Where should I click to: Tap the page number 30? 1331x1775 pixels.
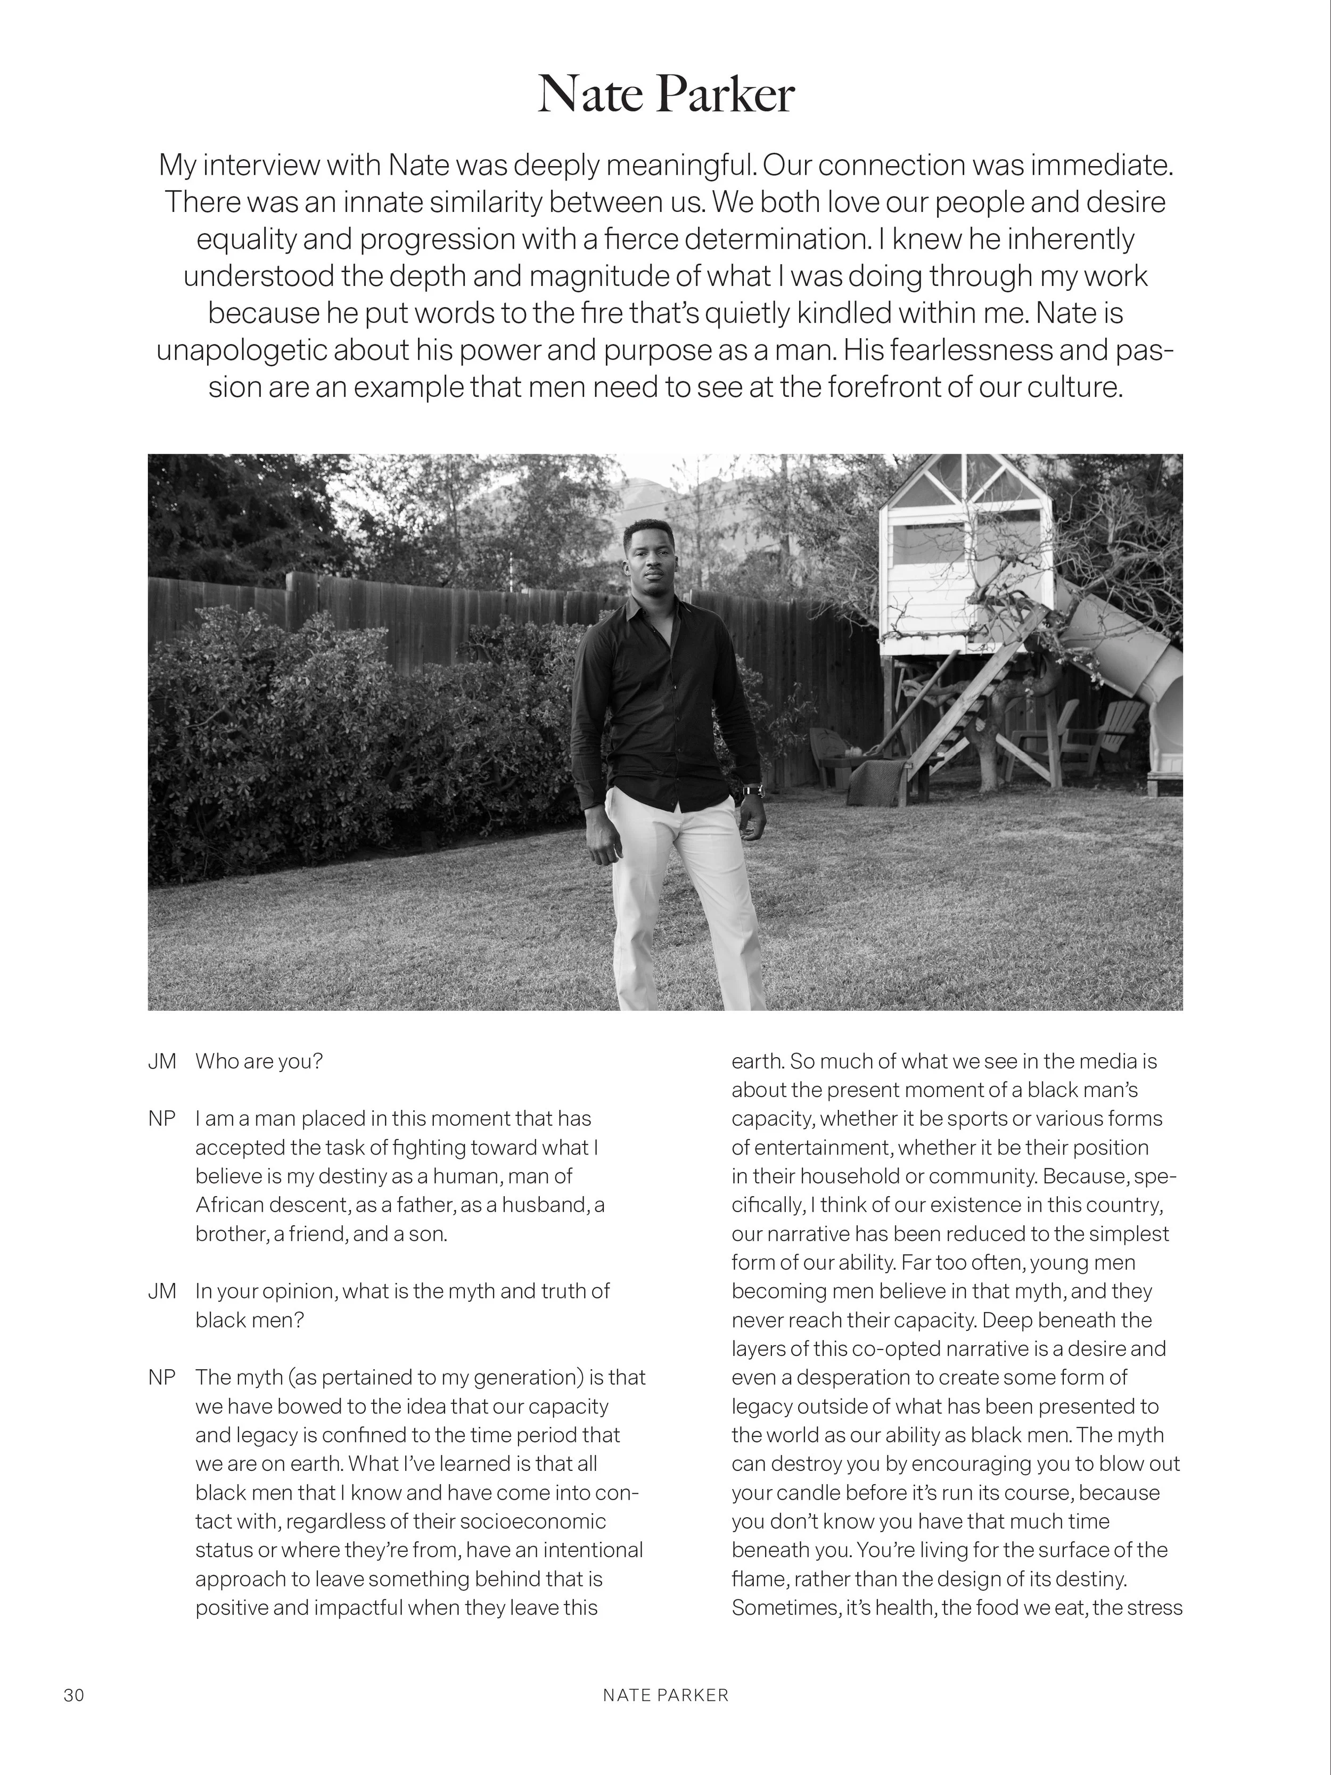(74, 1695)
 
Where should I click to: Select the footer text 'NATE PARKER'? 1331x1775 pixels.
(665, 1695)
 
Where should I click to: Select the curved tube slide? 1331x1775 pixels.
(1131, 658)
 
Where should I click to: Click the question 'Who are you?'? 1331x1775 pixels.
(258, 1061)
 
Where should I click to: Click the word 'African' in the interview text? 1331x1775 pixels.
(228, 1205)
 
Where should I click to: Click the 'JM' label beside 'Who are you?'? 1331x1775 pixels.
(161, 1061)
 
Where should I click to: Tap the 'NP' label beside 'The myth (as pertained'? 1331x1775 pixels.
(161, 1377)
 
